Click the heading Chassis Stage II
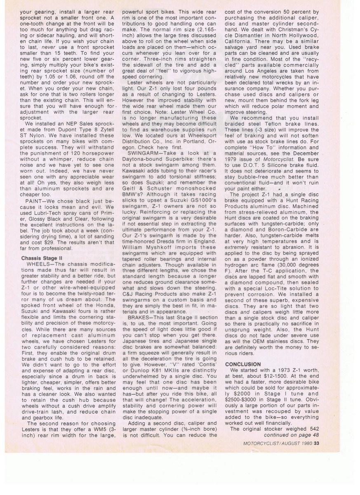(42, 258)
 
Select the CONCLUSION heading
(243, 364)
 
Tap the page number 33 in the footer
(316, 444)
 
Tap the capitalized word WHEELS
(40, 264)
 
